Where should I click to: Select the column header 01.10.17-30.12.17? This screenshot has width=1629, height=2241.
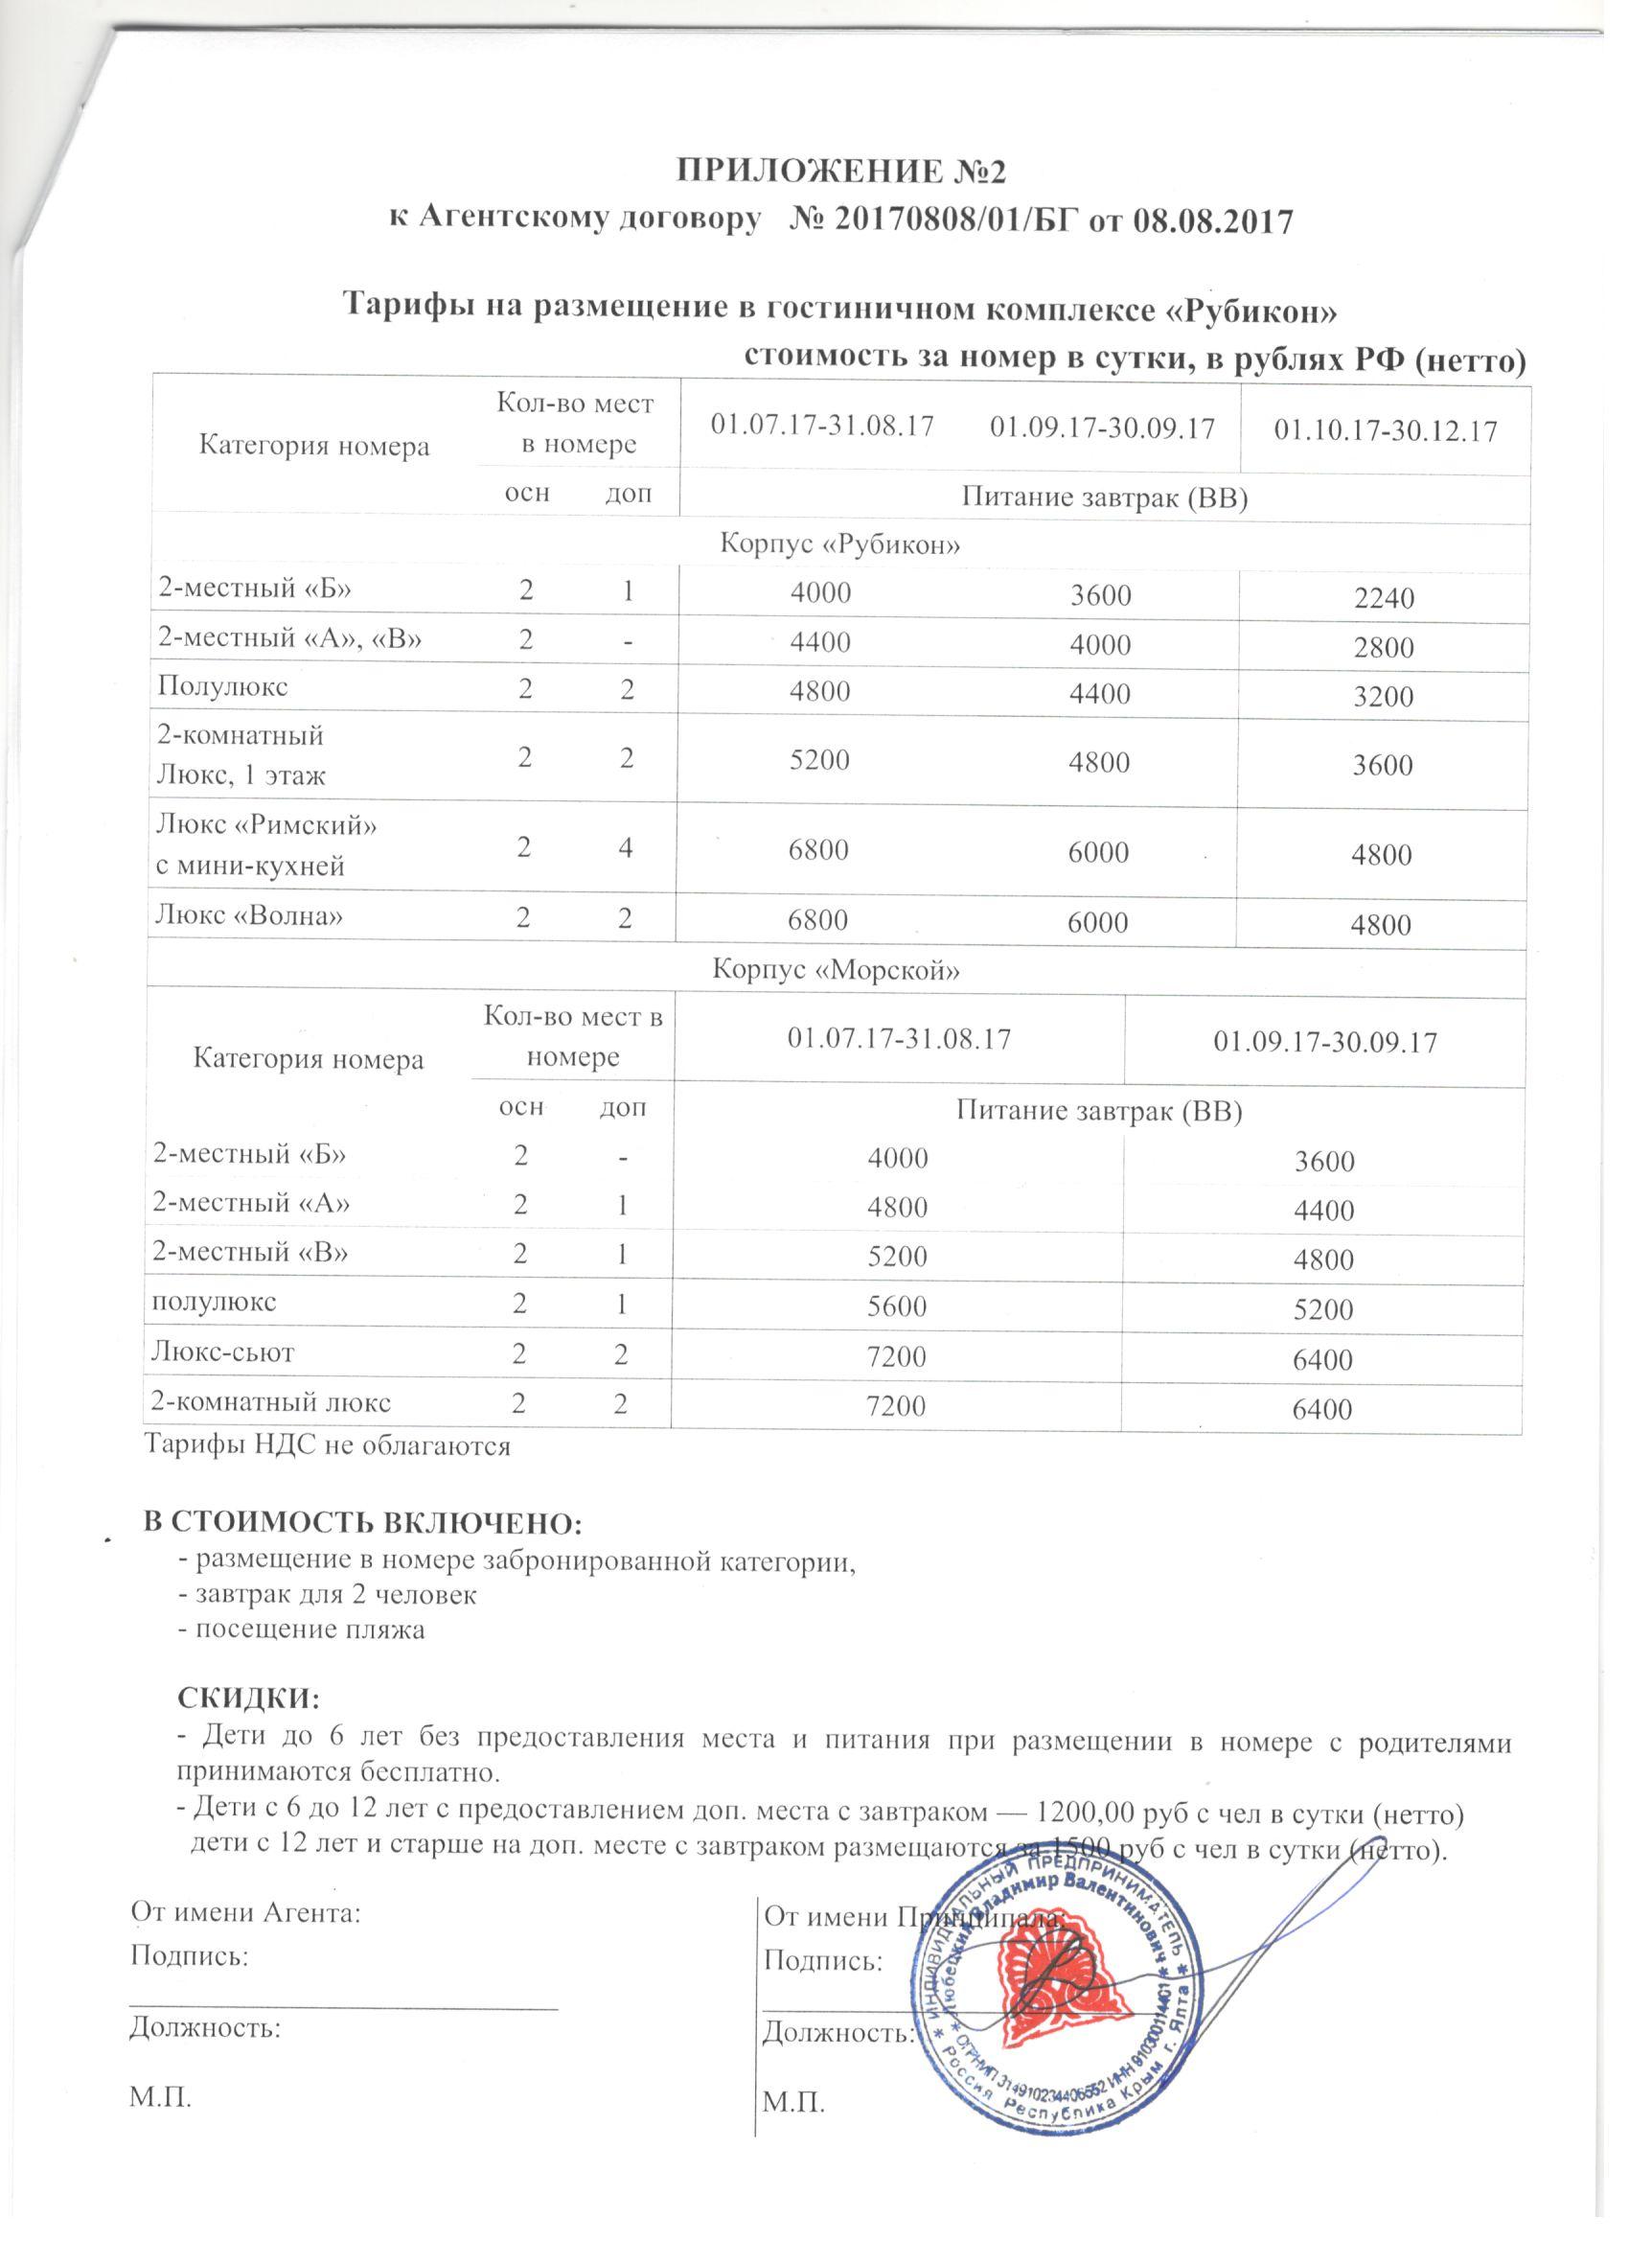(1385, 431)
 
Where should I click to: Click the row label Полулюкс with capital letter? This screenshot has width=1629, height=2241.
(221, 687)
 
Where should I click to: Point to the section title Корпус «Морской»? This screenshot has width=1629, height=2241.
(837, 970)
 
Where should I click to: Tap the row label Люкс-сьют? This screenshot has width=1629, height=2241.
(222, 1352)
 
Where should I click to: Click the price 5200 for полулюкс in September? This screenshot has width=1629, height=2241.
(1323, 1311)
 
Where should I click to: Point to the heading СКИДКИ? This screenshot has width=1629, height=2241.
(248, 1699)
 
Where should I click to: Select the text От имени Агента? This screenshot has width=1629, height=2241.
(247, 1914)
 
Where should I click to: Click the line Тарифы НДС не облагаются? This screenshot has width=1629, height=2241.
(328, 1447)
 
